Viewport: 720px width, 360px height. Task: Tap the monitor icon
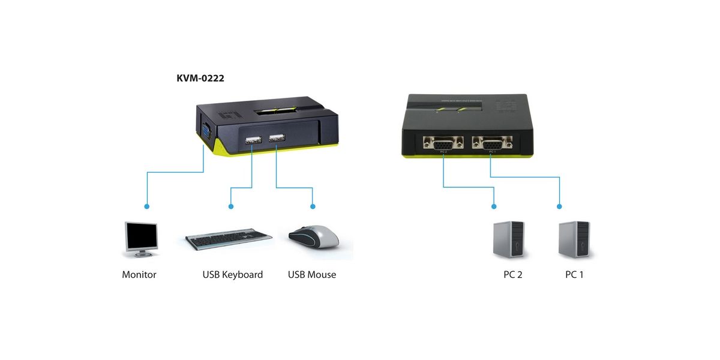coord(141,239)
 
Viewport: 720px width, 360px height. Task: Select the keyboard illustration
coord(228,240)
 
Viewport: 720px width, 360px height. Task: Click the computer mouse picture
coord(313,237)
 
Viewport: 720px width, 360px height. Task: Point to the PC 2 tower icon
coord(508,240)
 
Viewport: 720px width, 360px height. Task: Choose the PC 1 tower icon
coord(574,240)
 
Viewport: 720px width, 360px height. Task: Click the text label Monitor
coord(139,275)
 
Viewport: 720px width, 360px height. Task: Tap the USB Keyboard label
coord(233,275)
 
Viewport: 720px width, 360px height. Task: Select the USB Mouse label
coord(312,275)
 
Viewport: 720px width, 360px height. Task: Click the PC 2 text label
coord(513,275)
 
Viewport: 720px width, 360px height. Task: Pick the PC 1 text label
coord(574,275)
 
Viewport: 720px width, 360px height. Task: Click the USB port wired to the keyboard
coord(253,140)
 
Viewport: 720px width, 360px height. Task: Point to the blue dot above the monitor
coord(147,206)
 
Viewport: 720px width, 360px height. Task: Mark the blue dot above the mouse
coord(313,206)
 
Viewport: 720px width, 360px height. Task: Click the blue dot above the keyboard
coord(232,206)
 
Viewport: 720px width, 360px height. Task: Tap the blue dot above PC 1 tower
coord(559,206)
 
